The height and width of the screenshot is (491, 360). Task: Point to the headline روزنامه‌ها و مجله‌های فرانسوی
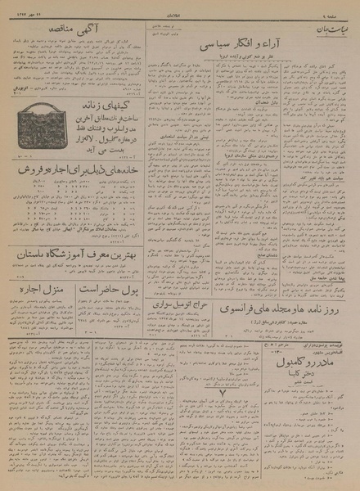tap(275, 313)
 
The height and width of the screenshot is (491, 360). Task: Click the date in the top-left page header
tap(29, 14)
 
